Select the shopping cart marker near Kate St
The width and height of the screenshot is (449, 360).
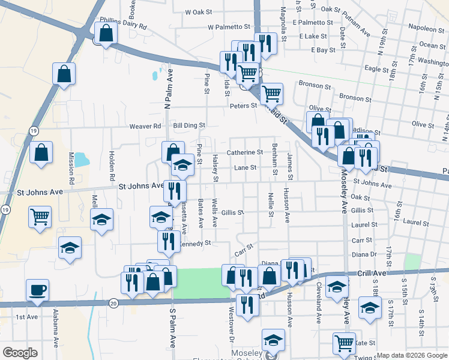[344, 344]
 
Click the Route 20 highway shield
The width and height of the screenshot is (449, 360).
[113, 304]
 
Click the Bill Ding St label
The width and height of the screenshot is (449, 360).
[190, 126]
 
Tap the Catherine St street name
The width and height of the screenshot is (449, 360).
[245, 153]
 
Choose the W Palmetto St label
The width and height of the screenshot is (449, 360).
[229, 27]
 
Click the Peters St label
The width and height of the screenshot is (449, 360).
[243, 106]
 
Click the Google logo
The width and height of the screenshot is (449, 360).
[20, 353]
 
